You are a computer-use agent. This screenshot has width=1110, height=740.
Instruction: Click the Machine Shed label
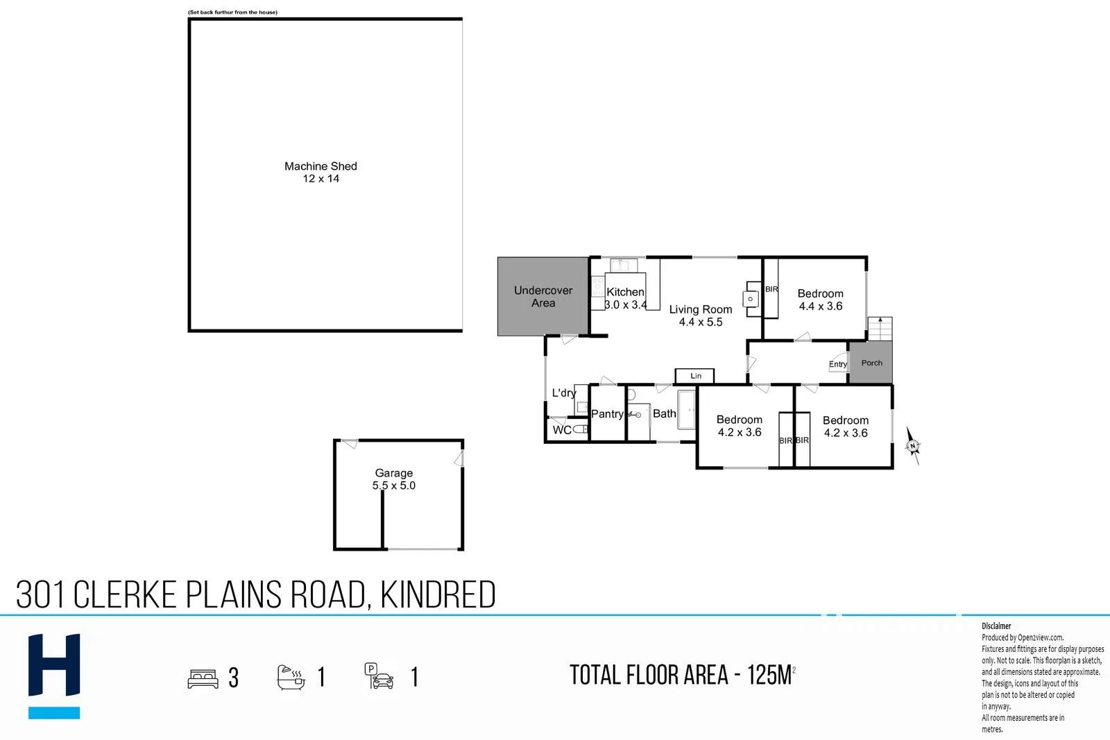click(x=321, y=166)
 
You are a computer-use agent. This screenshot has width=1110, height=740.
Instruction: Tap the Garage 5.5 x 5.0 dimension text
click(x=393, y=485)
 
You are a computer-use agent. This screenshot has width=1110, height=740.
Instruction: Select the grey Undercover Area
click(x=543, y=297)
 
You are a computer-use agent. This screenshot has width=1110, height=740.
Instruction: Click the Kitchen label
click(x=625, y=292)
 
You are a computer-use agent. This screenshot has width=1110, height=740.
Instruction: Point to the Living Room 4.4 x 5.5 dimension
click(x=701, y=322)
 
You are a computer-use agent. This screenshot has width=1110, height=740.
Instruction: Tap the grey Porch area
click(x=871, y=363)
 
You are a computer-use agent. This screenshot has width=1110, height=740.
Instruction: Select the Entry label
click(x=837, y=364)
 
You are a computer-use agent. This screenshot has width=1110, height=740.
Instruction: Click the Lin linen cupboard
click(x=695, y=376)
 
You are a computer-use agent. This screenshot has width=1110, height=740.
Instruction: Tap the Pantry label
click(x=607, y=414)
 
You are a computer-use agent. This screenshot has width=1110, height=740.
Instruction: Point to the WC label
click(x=562, y=430)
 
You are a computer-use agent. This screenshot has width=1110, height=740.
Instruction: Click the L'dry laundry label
click(x=563, y=393)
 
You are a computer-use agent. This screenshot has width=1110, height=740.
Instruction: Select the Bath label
click(x=664, y=413)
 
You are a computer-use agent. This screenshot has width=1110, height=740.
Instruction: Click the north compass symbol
click(x=913, y=446)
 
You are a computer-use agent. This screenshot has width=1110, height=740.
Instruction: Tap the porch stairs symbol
click(x=880, y=329)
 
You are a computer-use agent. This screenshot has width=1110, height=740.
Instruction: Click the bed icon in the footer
click(x=203, y=678)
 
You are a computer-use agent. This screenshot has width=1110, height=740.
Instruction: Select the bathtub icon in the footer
click(x=291, y=677)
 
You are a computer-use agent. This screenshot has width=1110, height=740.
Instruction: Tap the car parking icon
click(x=379, y=677)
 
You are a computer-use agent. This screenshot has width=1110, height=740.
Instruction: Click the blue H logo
click(x=54, y=666)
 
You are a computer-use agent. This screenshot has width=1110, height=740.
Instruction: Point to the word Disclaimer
click(x=996, y=626)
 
